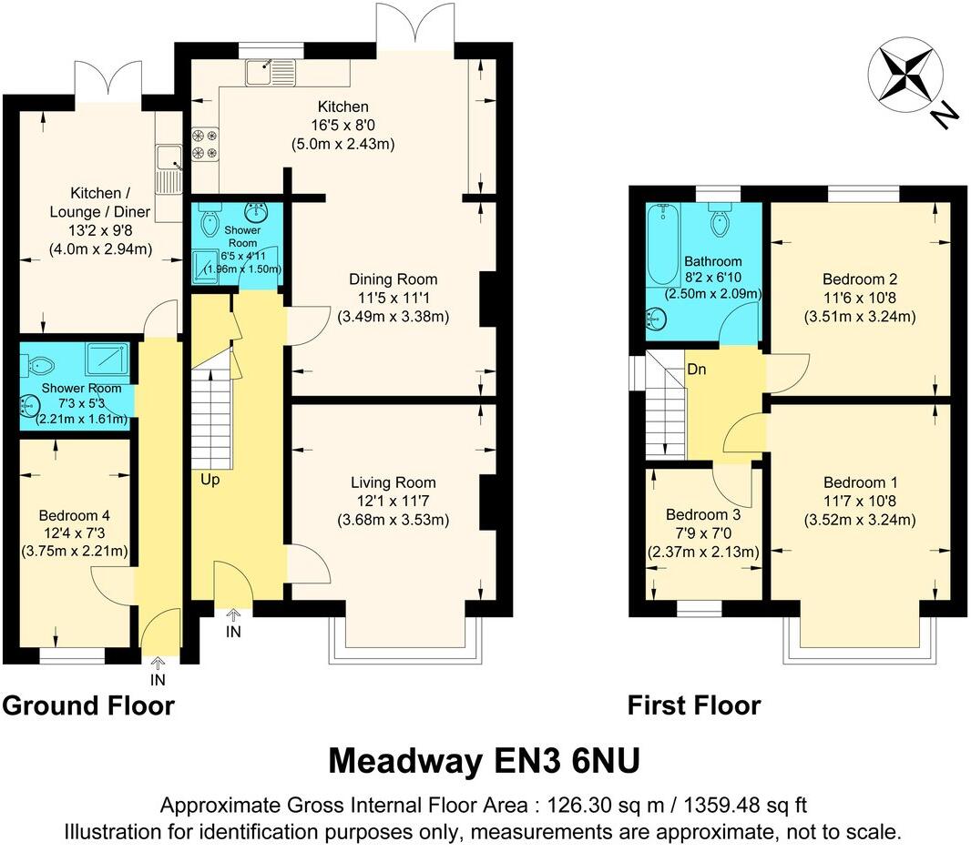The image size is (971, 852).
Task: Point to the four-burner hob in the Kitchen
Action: coord(205,145)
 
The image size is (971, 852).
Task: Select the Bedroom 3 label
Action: coord(702,513)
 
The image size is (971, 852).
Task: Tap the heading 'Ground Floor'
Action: coord(88,705)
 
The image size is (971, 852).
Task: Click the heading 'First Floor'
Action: coord(694,705)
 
